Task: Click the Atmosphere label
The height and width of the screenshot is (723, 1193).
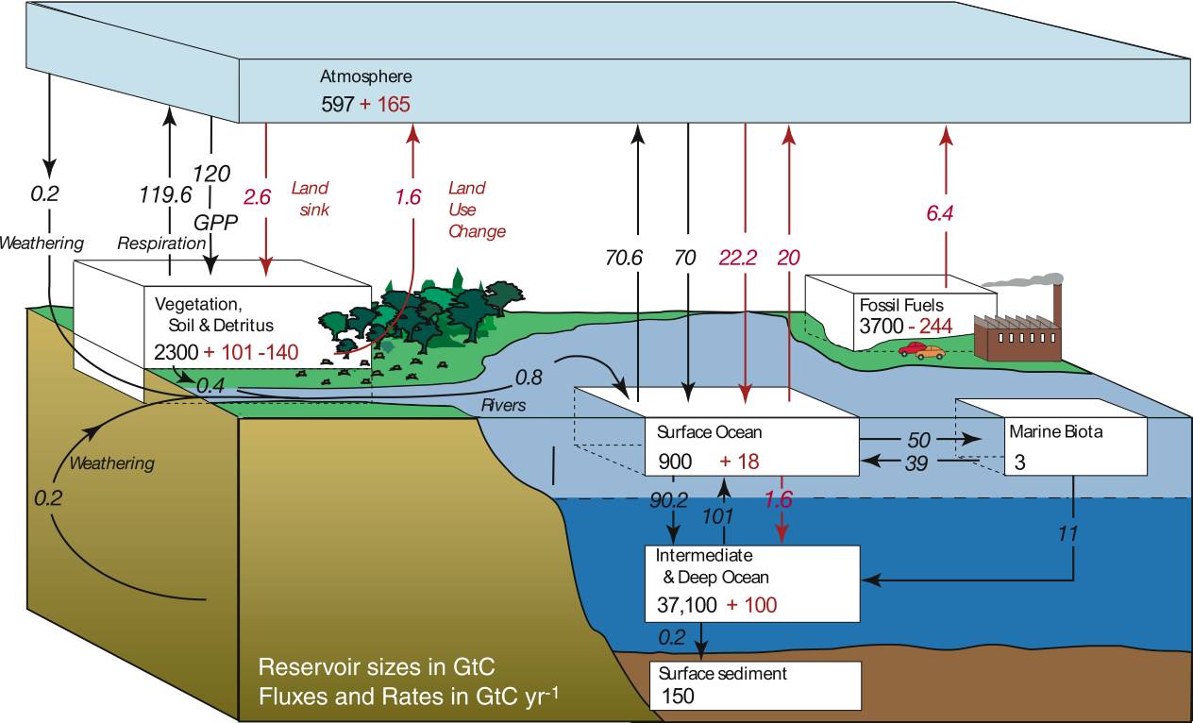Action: click(366, 76)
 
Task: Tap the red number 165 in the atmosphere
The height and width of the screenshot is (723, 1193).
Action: click(394, 104)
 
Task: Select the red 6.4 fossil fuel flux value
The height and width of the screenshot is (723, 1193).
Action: click(939, 213)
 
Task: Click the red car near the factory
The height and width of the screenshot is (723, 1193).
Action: click(913, 349)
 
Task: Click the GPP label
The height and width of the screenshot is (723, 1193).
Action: click(216, 223)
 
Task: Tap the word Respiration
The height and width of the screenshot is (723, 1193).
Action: click(161, 244)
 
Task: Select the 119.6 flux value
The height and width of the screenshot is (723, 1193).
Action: click(165, 195)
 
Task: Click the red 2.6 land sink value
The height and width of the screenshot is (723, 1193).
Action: click(258, 197)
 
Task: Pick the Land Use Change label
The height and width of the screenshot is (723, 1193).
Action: click(477, 210)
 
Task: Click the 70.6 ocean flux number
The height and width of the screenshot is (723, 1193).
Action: click(624, 258)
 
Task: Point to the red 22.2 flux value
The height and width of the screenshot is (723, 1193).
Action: click(738, 258)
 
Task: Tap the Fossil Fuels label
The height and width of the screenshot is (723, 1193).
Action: click(901, 305)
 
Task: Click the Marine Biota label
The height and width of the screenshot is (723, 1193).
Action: click(1055, 431)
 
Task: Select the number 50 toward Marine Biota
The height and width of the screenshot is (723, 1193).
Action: click(918, 440)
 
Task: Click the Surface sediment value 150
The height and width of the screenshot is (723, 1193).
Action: click(678, 697)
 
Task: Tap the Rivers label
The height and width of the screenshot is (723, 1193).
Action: click(503, 406)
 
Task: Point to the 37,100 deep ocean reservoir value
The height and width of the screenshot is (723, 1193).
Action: click(687, 605)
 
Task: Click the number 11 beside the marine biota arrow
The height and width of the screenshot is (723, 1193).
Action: click(1067, 533)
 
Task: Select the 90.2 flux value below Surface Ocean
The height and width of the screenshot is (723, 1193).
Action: click(668, 499)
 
